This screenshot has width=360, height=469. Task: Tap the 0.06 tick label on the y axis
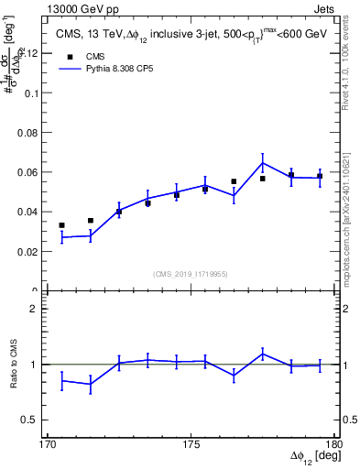(30, 172)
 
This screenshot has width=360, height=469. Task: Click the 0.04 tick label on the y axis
(30, 212)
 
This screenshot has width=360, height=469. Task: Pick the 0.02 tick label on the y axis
(30, 251)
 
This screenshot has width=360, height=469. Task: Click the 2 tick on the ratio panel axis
(37, 309)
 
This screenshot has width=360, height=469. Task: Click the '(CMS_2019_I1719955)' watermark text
(191, 274)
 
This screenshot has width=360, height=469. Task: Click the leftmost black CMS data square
(61, 225)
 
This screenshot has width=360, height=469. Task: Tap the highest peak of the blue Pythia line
(262, 163)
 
